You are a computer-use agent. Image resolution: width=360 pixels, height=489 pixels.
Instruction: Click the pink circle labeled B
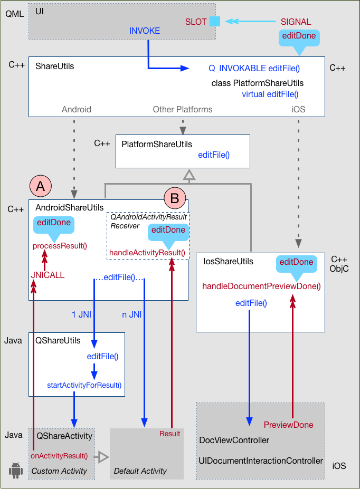coord(175,198)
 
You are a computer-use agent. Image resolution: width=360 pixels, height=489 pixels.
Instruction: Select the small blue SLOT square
coord(214,22)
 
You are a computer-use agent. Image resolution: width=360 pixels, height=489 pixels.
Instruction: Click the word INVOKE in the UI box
coord(144,31)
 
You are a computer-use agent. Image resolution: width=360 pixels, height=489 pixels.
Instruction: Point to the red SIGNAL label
coord(296,22)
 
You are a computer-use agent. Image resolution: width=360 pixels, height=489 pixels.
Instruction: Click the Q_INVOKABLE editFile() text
coord(254,68)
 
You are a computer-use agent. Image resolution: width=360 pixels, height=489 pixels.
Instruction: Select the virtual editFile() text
coord(270,94)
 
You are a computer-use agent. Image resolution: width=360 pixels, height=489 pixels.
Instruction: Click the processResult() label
coord(59,245)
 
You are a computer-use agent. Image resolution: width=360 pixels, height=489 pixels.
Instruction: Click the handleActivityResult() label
coord(147,253)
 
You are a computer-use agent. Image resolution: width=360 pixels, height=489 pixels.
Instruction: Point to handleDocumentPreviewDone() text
coord(261,286)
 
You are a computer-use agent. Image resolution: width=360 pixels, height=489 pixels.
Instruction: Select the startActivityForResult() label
coord(84,385)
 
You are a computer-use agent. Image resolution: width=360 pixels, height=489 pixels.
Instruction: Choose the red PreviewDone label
coord(288,425)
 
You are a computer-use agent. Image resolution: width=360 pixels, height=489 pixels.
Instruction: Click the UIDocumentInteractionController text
coord(261,461)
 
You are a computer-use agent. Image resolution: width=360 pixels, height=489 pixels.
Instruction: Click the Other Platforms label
coord(183,109)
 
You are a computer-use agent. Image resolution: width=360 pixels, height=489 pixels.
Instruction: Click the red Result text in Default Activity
coord(169,434)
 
